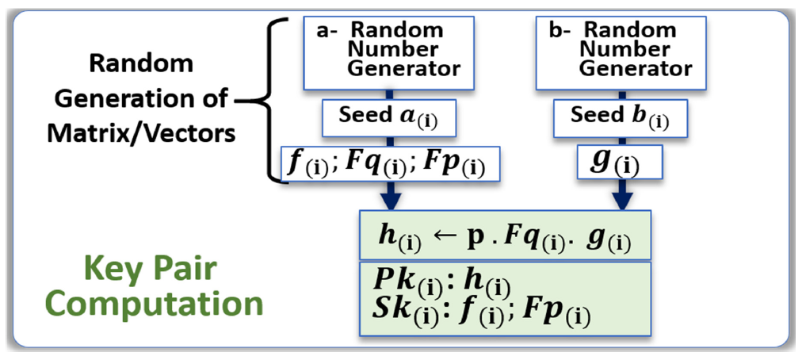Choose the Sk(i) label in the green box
point(396,314)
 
